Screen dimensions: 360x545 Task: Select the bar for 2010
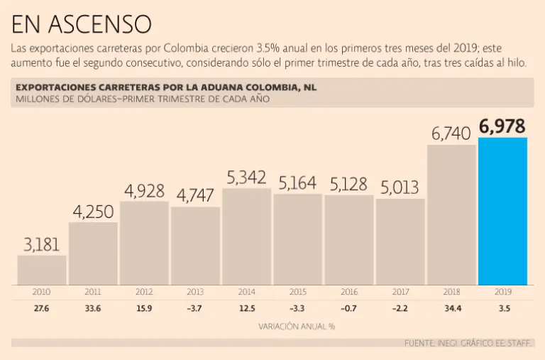point(42,270)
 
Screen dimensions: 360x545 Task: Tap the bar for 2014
point(247,236)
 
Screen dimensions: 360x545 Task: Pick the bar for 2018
point(451,214)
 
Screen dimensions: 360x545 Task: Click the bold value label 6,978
point(502,126)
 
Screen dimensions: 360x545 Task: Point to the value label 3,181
point(42,245)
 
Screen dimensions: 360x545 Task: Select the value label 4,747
point(195,196)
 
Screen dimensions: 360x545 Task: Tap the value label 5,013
point(400,187)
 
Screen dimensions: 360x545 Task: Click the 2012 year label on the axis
point(144,291)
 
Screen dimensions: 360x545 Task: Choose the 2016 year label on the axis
point(349,291)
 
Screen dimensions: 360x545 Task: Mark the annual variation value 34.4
point(451,309)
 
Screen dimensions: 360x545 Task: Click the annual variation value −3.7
point(195,309)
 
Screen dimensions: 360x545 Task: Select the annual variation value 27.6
point(42,309)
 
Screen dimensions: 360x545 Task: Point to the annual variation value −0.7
point(349,309)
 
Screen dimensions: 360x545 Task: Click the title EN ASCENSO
point(81,24)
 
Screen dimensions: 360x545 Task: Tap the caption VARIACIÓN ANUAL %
point(297,327)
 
